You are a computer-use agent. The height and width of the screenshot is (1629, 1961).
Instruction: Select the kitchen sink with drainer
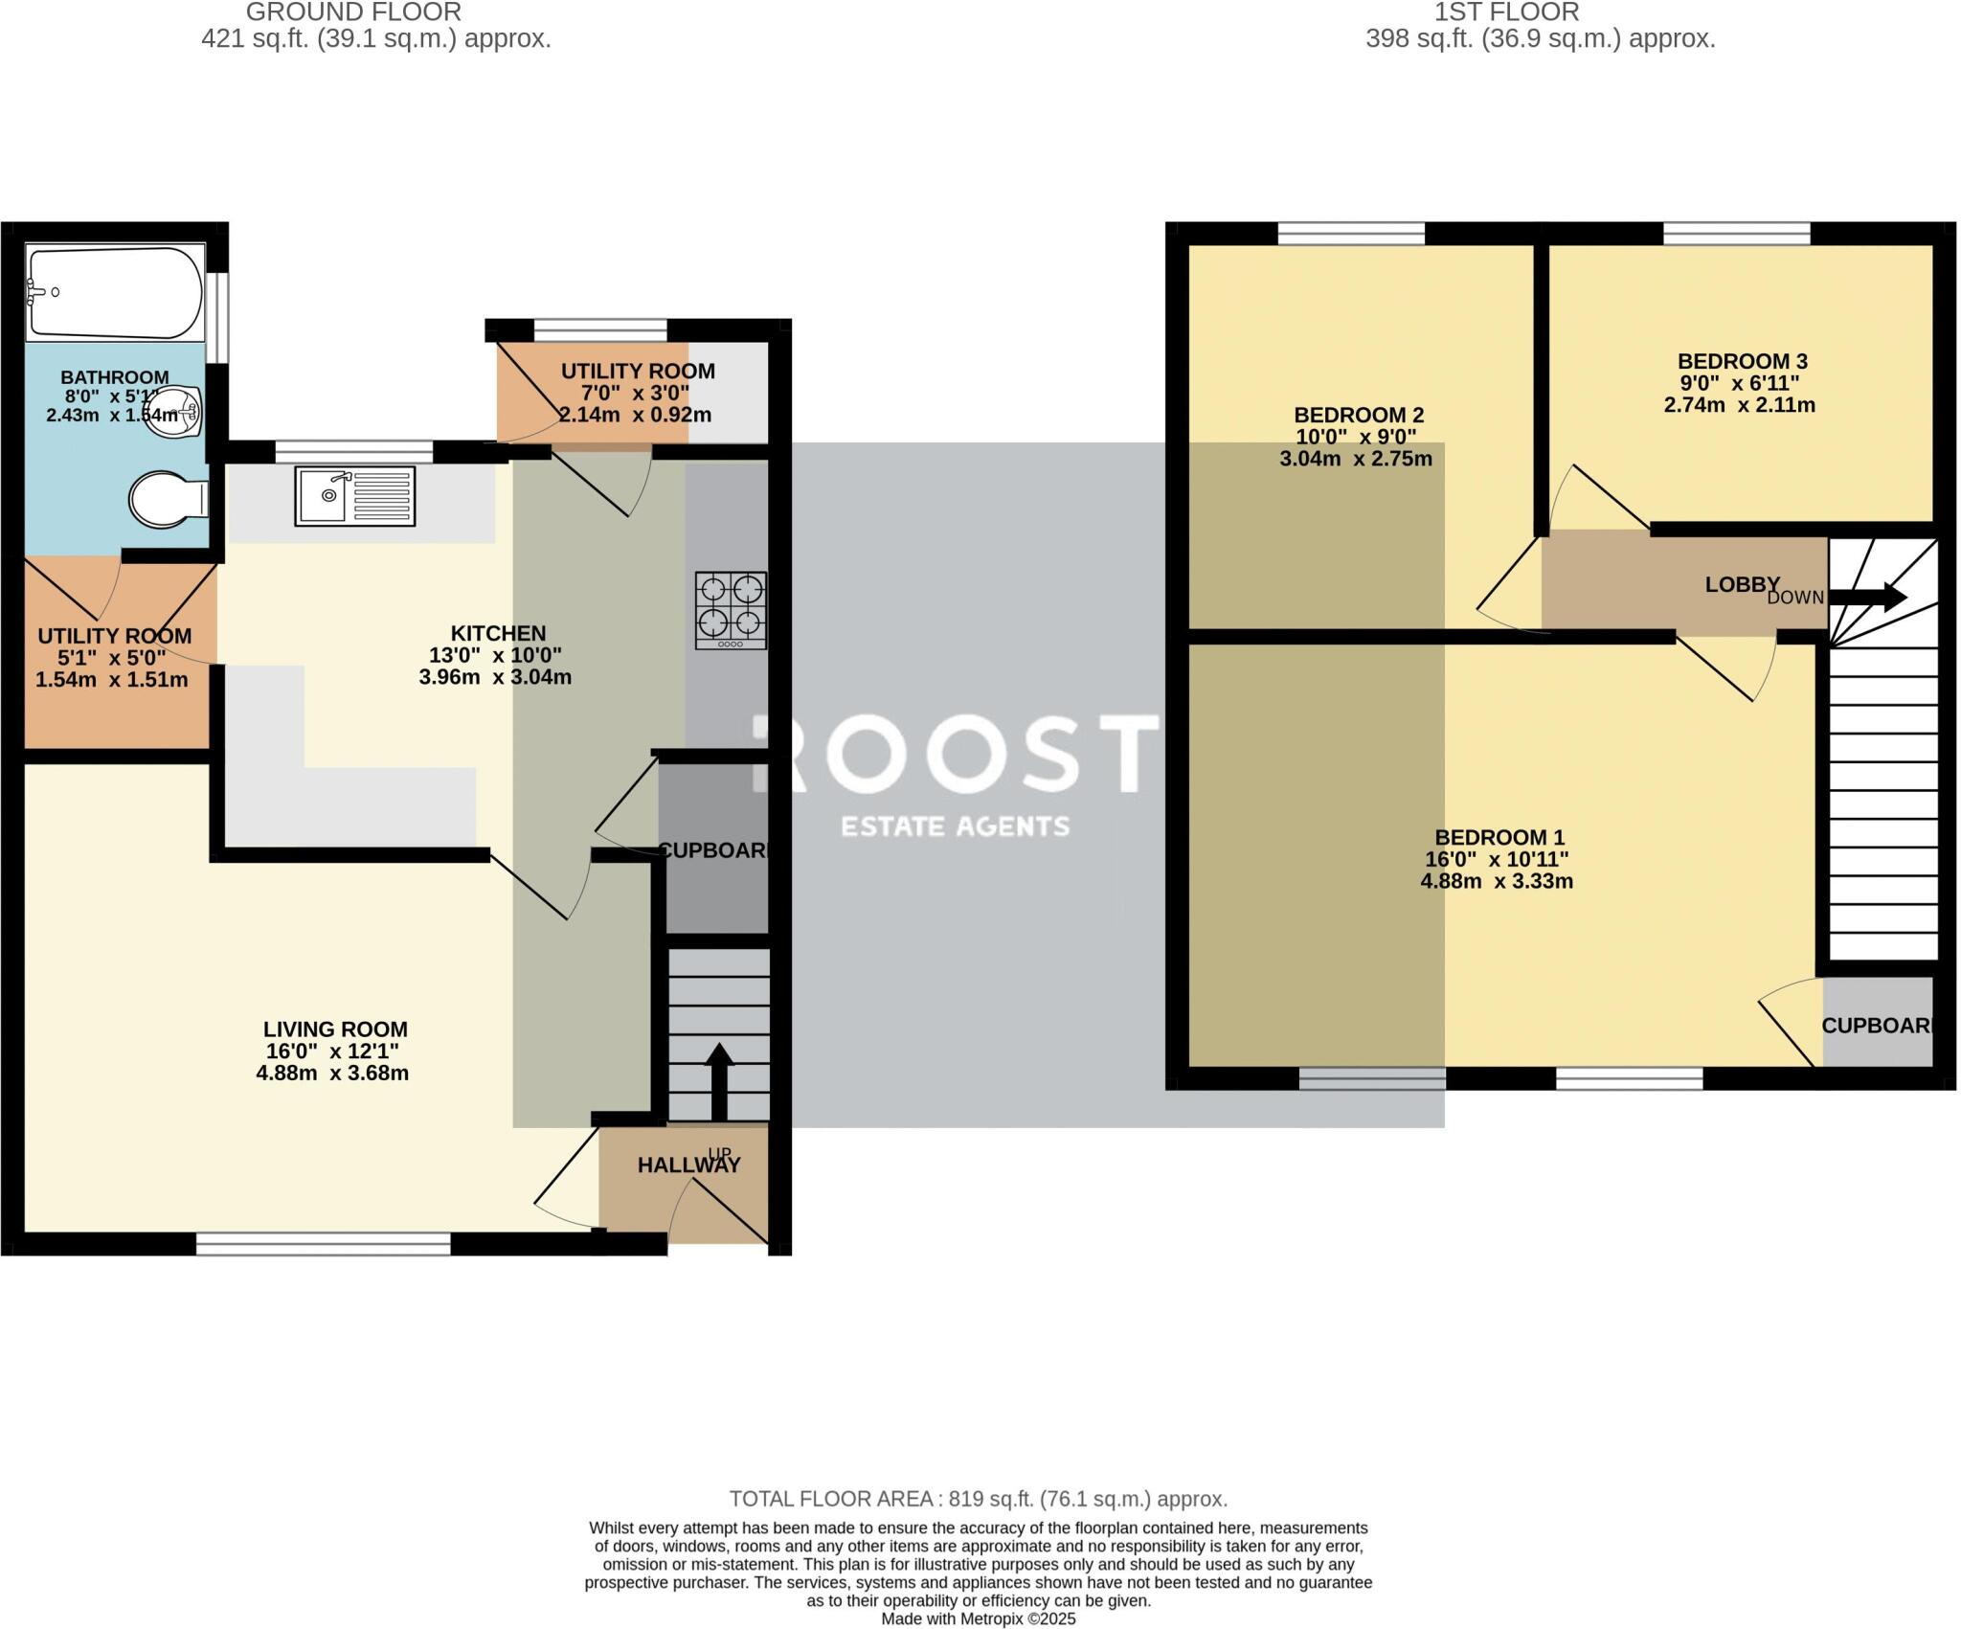point(354,495)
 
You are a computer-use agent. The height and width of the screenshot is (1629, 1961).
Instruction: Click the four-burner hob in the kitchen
point(731,610)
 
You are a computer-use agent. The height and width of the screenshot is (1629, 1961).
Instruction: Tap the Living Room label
point(335,1029)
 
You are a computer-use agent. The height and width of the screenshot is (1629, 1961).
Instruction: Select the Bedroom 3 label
point(1742,362)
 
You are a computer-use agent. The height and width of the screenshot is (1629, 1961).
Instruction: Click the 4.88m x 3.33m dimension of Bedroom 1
point(1496,881)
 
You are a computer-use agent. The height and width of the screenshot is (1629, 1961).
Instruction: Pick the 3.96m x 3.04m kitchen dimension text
point(495,677)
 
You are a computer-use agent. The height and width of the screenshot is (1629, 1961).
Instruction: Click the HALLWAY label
point(688,1165)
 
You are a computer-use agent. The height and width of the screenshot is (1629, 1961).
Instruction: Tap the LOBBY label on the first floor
point(1742,584)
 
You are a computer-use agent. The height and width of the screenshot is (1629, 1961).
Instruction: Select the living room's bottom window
point(323,1244)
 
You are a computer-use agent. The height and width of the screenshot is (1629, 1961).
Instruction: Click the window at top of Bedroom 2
point(1350,233)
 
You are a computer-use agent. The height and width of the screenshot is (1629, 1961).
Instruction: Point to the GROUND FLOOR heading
point(353,12)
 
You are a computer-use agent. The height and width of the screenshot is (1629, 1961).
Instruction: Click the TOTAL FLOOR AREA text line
point(978,1499)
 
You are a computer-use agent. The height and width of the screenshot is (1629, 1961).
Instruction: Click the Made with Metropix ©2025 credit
point(978,1619)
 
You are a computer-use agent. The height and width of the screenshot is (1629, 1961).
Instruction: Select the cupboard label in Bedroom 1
point(1875,1026)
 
